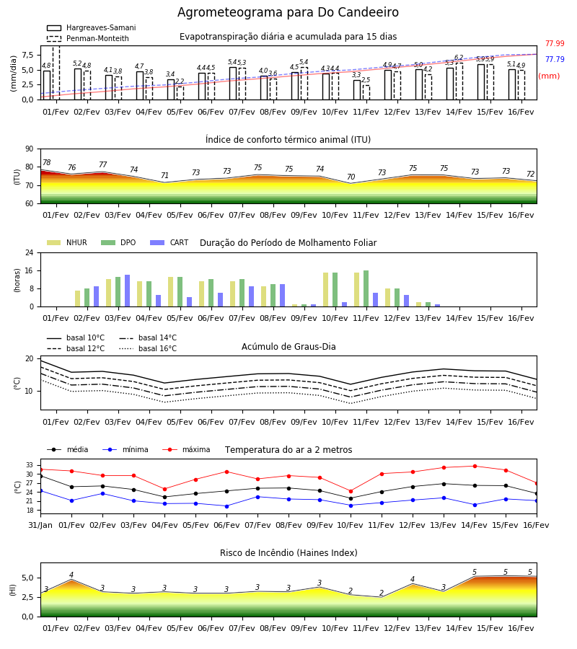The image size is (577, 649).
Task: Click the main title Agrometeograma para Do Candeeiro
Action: pos(288,12)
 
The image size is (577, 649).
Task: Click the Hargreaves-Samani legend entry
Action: pos(92,27)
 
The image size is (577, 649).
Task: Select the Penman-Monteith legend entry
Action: pos(88,38)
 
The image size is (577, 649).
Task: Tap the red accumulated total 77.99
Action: pos(555,43)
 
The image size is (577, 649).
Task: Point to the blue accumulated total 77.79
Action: pos(555,59)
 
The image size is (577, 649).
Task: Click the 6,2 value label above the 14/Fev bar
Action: pos(459,58)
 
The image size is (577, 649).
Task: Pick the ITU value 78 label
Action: pos(47,162)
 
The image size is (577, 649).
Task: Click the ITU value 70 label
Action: pos(351,177)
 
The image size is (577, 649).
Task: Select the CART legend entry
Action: pos(169,242)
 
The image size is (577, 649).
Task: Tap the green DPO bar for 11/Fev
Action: pos(366,288)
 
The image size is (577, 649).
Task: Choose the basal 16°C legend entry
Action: pos(148,348)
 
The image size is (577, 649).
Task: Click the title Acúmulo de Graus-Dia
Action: pos(288,346)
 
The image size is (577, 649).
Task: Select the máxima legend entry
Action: pos(186,449)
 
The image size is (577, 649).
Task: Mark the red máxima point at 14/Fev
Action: pos(475,466)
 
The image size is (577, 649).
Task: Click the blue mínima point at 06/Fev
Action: pos(226,506)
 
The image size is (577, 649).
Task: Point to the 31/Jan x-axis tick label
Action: pos(40,525)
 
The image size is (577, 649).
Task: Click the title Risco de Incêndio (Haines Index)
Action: pos(288,552)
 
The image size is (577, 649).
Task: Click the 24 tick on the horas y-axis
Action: pos(30,252)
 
